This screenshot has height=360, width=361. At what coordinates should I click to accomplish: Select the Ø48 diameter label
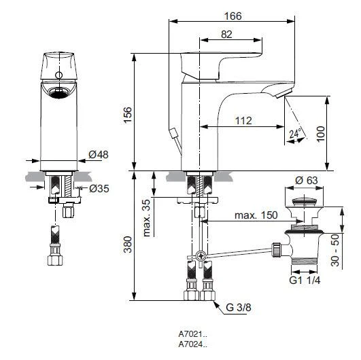tap(98, 155)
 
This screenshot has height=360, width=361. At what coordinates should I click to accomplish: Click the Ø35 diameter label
tap(98, 187)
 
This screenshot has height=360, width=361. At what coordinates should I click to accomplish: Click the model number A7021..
tap(191, 335)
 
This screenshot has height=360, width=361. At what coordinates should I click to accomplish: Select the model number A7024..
tap(191, 345)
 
